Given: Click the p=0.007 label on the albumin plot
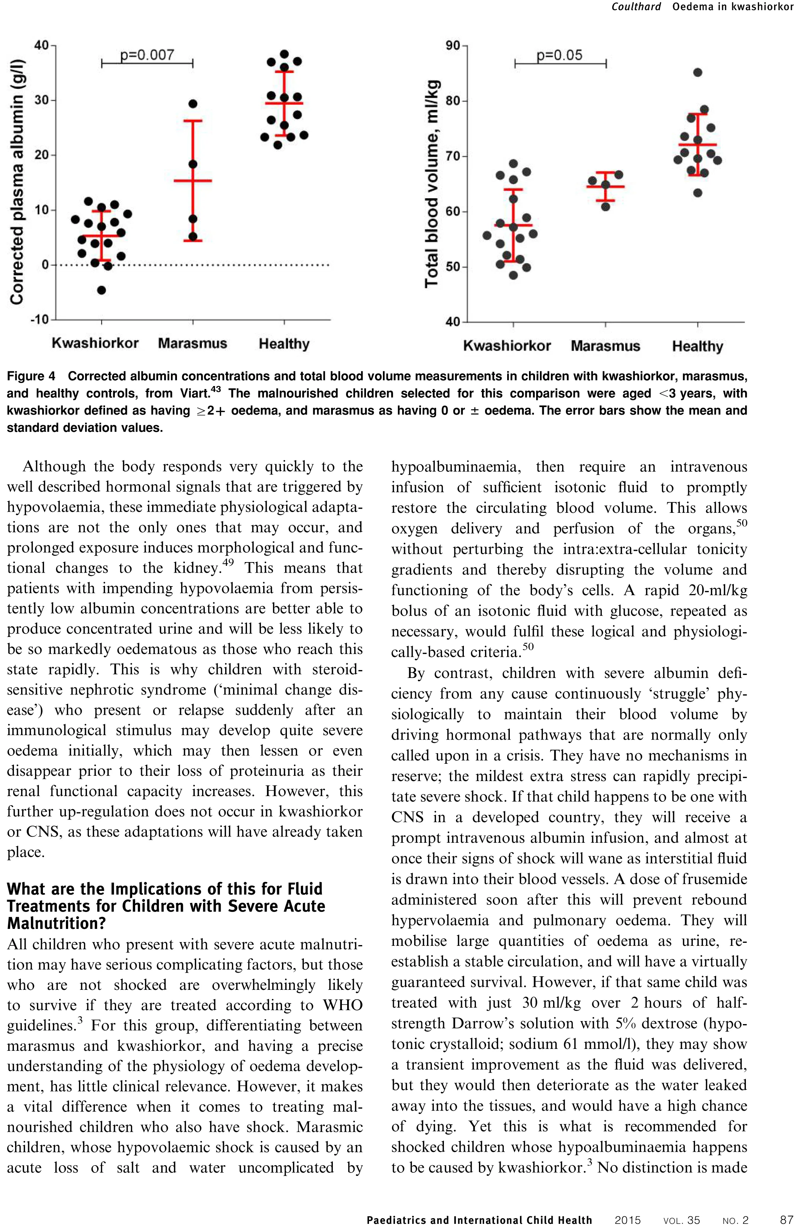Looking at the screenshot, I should [x=147, y=55].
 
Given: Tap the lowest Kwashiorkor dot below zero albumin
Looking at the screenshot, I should [x=102, y=290].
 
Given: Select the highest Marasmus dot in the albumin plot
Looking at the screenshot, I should [x=193, y=104].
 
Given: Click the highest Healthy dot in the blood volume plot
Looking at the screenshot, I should [x=698, y=72].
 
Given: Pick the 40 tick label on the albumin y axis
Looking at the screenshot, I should [x=41, y=46].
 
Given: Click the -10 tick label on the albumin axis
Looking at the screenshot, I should [x=39, y=319].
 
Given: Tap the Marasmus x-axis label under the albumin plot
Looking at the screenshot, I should [x=193, y=343].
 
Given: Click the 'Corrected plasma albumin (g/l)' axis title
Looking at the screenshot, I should [x=17, y=182].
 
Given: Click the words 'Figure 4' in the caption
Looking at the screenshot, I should [x=31, y=376].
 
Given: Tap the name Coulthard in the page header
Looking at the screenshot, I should [x=636, y=7].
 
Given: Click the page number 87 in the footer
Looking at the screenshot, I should [x=787, y=1220].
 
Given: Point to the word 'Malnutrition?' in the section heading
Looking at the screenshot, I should [x=57, y=923].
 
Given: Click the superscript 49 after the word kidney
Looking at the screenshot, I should [x=228, y=562].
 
